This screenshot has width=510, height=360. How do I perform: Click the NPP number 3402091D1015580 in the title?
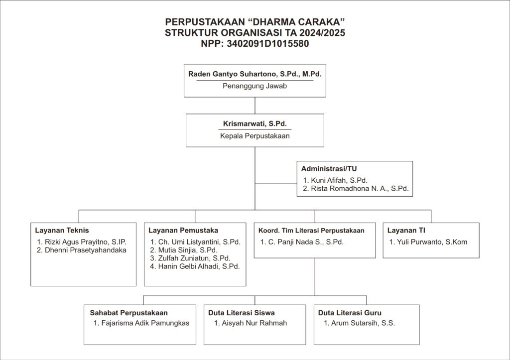point(267,44)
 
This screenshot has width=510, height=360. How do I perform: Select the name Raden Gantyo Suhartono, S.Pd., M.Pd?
point(255,74)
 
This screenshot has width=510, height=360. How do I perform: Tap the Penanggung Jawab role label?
point(255,86)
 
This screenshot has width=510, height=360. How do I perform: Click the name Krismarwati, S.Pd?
point(255,123)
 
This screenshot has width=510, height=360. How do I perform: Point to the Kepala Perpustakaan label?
point(255,136)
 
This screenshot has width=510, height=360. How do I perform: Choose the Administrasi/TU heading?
point(329,169)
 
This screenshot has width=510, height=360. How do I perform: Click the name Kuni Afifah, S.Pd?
point(339,180)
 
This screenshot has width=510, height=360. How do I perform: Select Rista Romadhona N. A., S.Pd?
point(360,189)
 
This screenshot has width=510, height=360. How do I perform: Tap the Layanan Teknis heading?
point(62,231)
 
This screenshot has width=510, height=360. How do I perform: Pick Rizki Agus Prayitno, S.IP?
point(85,242)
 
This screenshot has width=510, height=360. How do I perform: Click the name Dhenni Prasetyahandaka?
point(85,250)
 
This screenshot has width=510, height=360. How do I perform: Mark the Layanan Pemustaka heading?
point(183,231)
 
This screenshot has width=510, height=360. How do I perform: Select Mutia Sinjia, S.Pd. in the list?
point(188,250)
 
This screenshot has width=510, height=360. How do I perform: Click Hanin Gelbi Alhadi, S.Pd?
point(199,266)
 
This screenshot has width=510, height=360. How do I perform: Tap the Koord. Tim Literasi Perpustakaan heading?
point(311,231)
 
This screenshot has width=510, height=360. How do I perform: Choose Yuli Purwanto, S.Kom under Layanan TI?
point(432,242)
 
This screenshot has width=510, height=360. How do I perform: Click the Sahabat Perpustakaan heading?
point(129,313)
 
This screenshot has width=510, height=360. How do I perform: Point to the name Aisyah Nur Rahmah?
point(255,323)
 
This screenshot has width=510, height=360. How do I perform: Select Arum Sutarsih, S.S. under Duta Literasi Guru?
point(363,323)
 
